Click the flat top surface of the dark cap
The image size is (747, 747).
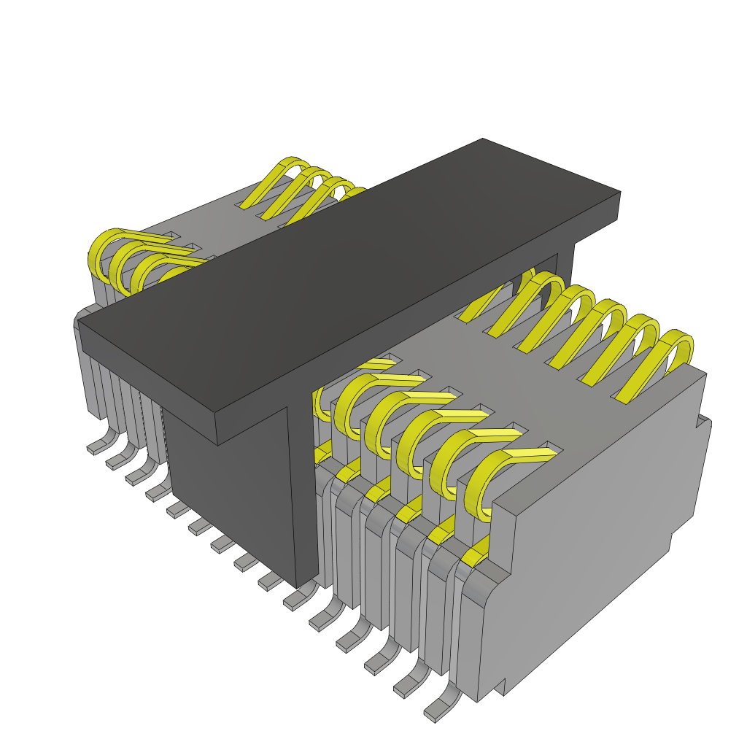[350, 285]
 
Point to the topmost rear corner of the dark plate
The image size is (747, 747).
[483, 139]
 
